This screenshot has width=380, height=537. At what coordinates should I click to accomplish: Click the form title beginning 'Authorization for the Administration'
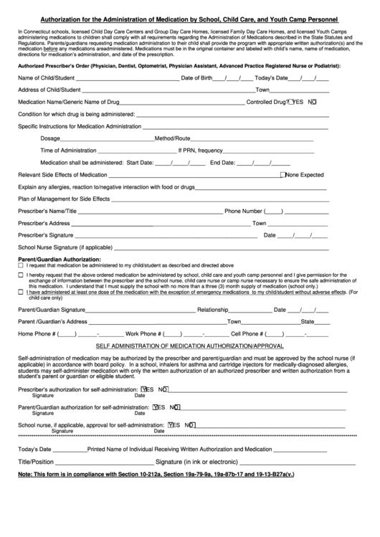click(x=189, y=21)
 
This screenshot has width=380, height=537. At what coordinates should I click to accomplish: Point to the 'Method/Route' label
click(x=172, y=138)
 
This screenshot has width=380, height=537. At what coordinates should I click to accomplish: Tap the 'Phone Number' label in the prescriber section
click(x=244, y=212)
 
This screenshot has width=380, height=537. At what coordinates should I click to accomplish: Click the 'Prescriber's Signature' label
click(x=46, y=235)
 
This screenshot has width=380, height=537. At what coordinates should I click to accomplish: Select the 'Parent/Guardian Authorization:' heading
click(x=60, y=259)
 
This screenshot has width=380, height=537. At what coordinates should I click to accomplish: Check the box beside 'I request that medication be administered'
click(x=20, y=265)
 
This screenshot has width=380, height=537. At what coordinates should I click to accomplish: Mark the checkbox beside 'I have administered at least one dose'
click(x=20, y=292)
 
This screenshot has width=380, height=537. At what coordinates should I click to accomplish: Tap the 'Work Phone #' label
click(x=143, y=333)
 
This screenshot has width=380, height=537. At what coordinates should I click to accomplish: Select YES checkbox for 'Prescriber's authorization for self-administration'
click(x=145, y=389)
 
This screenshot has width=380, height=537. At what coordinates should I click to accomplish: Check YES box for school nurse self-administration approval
click(x=169, y=424)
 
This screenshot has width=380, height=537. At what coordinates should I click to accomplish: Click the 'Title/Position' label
click(x=35, y=461)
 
